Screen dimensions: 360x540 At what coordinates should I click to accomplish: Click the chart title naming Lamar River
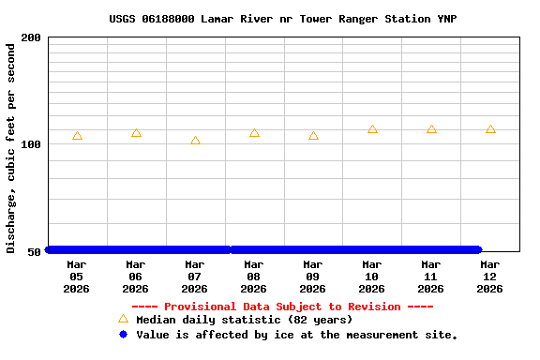282,19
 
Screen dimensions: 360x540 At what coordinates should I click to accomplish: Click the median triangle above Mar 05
77,136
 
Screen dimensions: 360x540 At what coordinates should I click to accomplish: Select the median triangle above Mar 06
136,133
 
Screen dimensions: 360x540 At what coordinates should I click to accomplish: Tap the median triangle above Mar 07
195,141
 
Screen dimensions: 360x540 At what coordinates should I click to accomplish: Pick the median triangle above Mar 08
254,133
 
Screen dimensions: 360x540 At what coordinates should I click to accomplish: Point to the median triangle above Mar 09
313,136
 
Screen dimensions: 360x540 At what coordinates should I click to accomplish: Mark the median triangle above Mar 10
372,129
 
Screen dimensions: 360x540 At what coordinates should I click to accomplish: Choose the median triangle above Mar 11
431,129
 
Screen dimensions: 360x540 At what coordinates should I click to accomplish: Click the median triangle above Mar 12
490,129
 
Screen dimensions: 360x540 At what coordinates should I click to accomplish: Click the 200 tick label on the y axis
31,37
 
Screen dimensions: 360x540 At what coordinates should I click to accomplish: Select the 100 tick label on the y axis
31,144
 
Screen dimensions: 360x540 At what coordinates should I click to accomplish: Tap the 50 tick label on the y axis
35,251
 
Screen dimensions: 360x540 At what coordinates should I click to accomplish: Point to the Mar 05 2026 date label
77,277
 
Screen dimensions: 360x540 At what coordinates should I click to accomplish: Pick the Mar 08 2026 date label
254,277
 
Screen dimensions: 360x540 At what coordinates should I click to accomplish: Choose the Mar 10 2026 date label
372,277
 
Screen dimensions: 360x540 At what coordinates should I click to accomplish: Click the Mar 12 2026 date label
490,277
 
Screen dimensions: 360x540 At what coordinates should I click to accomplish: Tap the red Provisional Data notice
282,307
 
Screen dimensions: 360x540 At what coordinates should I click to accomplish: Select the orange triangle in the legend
123,320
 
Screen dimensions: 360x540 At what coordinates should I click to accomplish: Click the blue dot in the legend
123,334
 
